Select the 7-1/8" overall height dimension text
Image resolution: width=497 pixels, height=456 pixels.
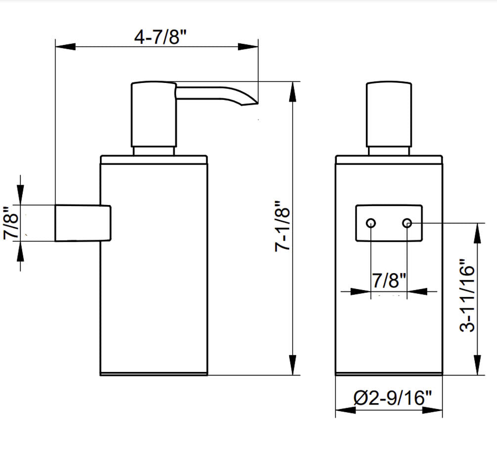coord(282,227)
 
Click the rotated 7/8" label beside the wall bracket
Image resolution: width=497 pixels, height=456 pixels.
coord(11,223)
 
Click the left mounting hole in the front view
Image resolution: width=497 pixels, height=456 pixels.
coord(371,223)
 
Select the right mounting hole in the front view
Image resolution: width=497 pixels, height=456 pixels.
coord(407,223)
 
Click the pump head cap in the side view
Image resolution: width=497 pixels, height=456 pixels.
coord(153,114)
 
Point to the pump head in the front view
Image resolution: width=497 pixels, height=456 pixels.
coord(389,114)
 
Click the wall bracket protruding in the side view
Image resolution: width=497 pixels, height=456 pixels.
coord(82,223)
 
